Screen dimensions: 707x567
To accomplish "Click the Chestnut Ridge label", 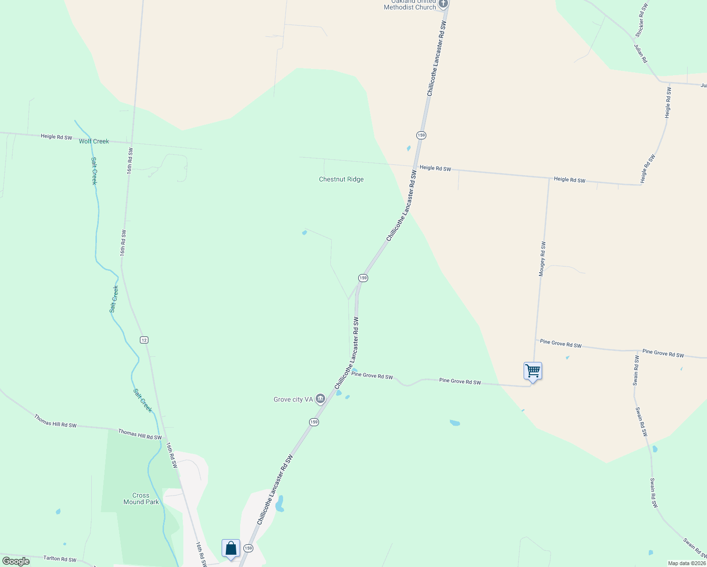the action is click(341, 180).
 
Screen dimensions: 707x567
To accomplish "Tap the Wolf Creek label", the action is click(94, 141).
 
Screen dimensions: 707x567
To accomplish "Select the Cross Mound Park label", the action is click(141, 499).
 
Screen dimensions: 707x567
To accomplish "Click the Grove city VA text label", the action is click(293, 400).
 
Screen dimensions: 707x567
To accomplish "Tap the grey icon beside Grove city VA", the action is click(320, 399).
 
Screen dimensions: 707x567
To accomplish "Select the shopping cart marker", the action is click(533, 371).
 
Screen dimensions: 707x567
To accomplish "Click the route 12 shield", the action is click(144, 340).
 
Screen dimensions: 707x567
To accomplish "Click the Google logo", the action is click(16, 561).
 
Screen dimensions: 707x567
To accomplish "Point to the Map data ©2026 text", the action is click(686, 563).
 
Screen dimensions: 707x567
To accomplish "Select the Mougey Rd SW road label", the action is click(542, 259).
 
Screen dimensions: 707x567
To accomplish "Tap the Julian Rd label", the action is click(641, 53).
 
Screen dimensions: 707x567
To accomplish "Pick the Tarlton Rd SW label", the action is click(60, 559).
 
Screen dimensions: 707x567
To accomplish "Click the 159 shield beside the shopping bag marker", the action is click(249, 548).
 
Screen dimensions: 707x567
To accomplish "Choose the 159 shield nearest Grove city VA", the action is click(314, 422).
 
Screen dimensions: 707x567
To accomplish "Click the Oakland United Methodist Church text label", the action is click(410, 5).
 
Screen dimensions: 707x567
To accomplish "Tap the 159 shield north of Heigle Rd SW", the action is click(421, 135).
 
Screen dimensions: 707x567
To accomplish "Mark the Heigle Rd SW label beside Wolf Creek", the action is click(56, 137).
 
